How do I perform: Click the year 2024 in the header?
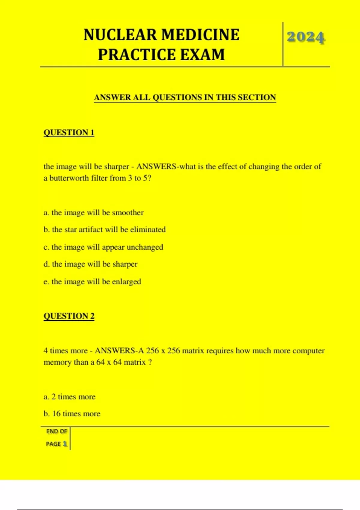tap(306, 37)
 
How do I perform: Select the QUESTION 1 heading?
tap(69, 132)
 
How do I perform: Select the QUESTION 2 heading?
tap(69, 316)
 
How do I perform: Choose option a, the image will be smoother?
tap(94, 212)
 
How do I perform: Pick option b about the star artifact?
tap(104, 229)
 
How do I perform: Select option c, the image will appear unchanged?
tap(103, 247)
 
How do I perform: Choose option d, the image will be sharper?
tap(90, 264)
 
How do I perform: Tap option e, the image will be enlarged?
tap(92, 281)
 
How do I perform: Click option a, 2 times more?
tap(69, 397)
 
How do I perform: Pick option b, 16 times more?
tap(72, 413)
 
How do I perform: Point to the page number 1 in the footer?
tap(65, 444)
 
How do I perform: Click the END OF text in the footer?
tap(57, 431)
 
